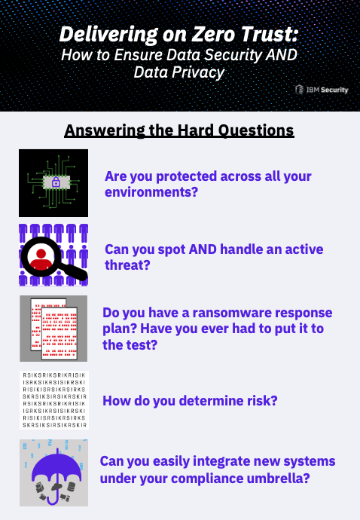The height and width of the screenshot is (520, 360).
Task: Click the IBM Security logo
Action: point(322,90)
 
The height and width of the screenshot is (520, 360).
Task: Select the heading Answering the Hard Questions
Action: point(179,130)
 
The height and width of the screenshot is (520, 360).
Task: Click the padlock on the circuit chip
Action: point(56,182)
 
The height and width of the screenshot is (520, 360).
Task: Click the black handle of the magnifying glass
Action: point(75,271)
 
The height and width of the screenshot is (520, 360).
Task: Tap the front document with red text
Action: point(59,333)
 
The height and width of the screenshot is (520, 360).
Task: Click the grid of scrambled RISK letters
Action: point(54,400)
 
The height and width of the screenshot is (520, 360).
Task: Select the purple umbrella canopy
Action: point(56,467)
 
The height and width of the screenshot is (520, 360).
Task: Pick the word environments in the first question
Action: point(151,191)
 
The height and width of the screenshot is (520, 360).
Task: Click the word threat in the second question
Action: point(127,265)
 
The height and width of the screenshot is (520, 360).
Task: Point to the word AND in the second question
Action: point(203,249)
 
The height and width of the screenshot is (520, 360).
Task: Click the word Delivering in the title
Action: point(108,35)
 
